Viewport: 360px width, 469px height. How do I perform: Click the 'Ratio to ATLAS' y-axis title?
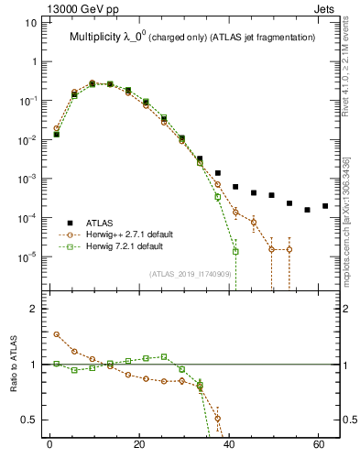[x=15, y=364]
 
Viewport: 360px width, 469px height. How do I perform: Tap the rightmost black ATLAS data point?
[x=325, y=206]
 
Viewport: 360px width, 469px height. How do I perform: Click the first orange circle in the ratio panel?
[x=56, y=334]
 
